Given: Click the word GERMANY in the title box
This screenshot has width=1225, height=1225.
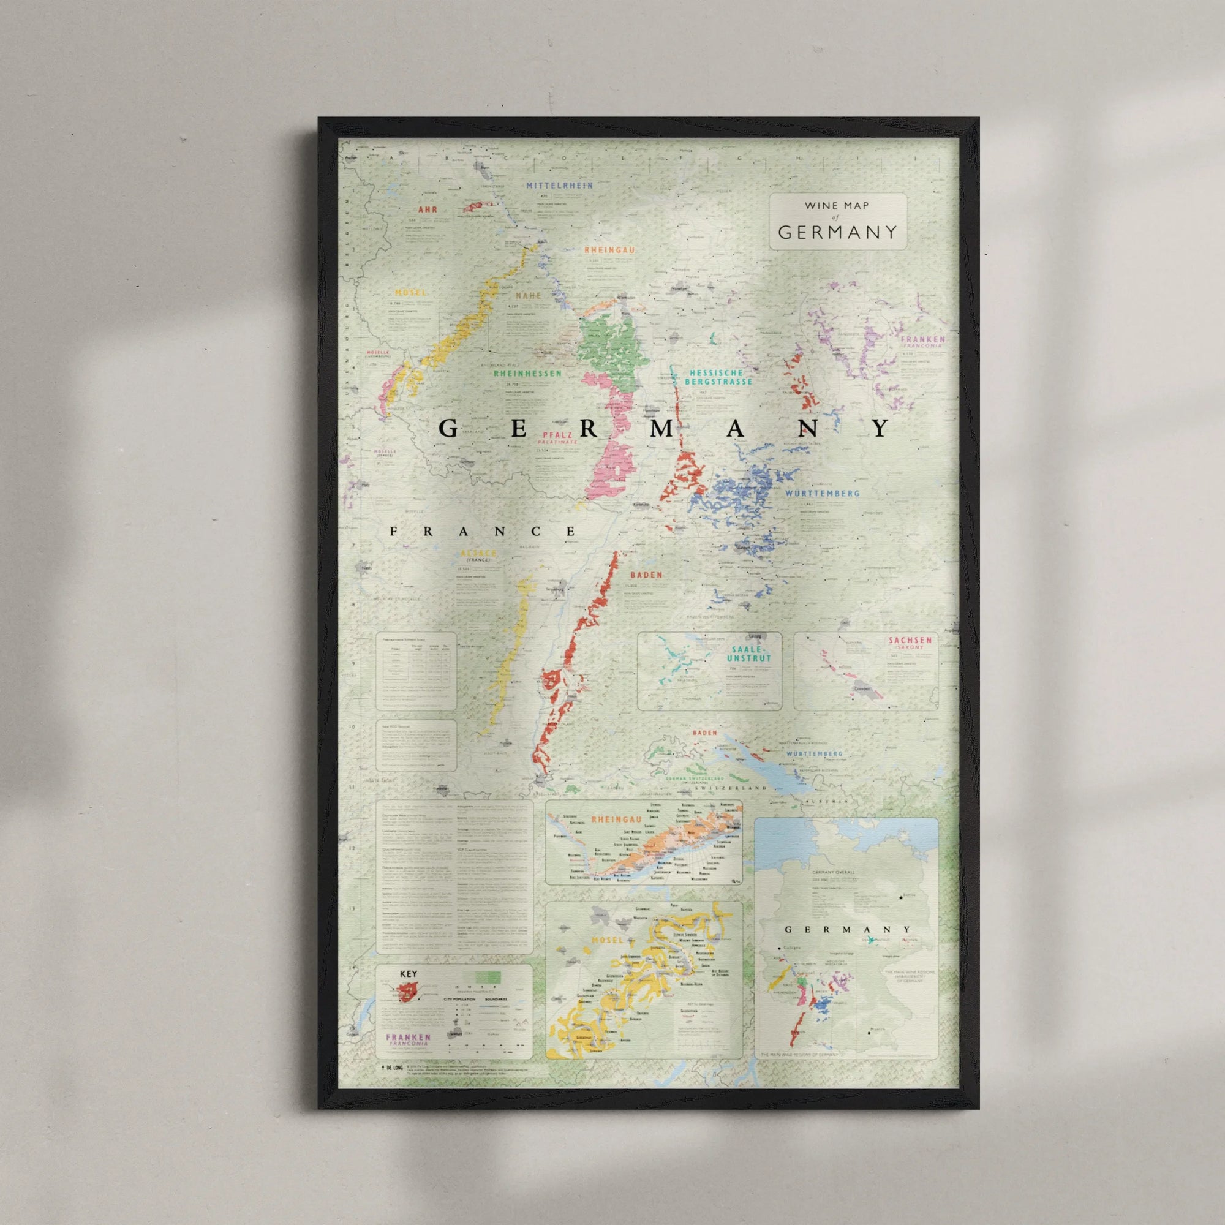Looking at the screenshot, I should pyautogui.click(x=837, y=232).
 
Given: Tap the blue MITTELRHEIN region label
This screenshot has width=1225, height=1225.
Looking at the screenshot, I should pyautogui.click(x=559, y=186).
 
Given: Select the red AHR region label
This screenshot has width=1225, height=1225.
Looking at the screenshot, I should pyautogui.click(x=428, y=209).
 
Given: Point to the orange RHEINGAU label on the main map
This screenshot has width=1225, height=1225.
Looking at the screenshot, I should pyautogui.click(x=609, y=250).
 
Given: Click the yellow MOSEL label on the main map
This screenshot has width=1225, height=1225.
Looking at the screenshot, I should pyautogui.click(x=411, y=293).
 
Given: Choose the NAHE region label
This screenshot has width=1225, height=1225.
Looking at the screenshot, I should pyautogui.click(x=528, y=295).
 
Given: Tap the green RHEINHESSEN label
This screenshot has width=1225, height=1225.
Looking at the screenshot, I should pyautogui.click(x=527, y=374).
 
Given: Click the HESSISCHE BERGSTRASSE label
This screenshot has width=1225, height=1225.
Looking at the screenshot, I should pyautogui.click(x=718, y=377).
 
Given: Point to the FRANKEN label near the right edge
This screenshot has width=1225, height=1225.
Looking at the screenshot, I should pyautogui.click(x=922, y=339).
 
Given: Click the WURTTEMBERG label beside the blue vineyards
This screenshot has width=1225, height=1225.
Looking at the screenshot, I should pyautogui.click(x=823, y=492).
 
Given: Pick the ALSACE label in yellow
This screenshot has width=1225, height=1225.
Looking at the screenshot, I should pyautogui.click(x=478, y=553).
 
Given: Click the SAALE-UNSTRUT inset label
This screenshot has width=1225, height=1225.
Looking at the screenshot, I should pyautogui.click(x=749, y=654).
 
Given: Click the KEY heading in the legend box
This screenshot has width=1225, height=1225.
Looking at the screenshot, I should pyautogui.click(x=409, y=974).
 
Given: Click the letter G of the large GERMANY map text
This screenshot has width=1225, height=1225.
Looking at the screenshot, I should pyautogui.click(x=448, y=429).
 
